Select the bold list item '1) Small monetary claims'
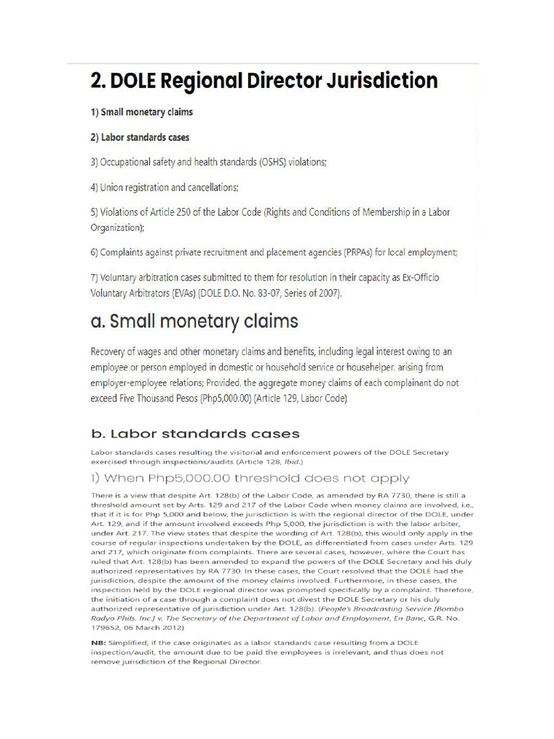pos(142,113)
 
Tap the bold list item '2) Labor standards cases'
pos(140,137)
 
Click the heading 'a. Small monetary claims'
pos(194,321)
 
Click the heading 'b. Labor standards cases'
pos(195,434)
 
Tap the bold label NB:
pos(100,642)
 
